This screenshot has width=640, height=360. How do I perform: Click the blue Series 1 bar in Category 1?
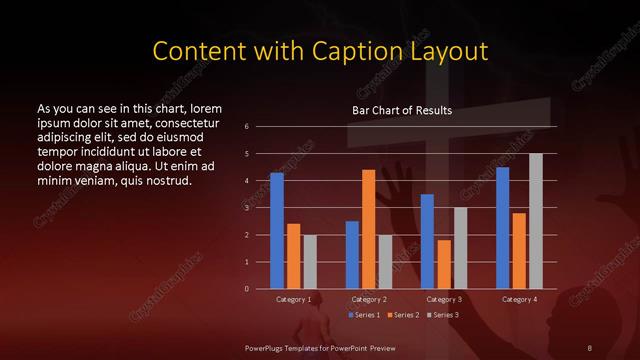[x=277, y=231]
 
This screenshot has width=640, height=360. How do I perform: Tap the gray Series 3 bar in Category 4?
[x=536, y=221]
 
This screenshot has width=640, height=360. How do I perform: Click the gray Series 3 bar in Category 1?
[x=310, y=262]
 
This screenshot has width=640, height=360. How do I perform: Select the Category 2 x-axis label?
[x=369, y=299]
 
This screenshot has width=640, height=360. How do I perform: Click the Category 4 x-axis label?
[x=519, y=299]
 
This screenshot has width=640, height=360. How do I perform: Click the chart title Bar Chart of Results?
[x=401, y=110]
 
